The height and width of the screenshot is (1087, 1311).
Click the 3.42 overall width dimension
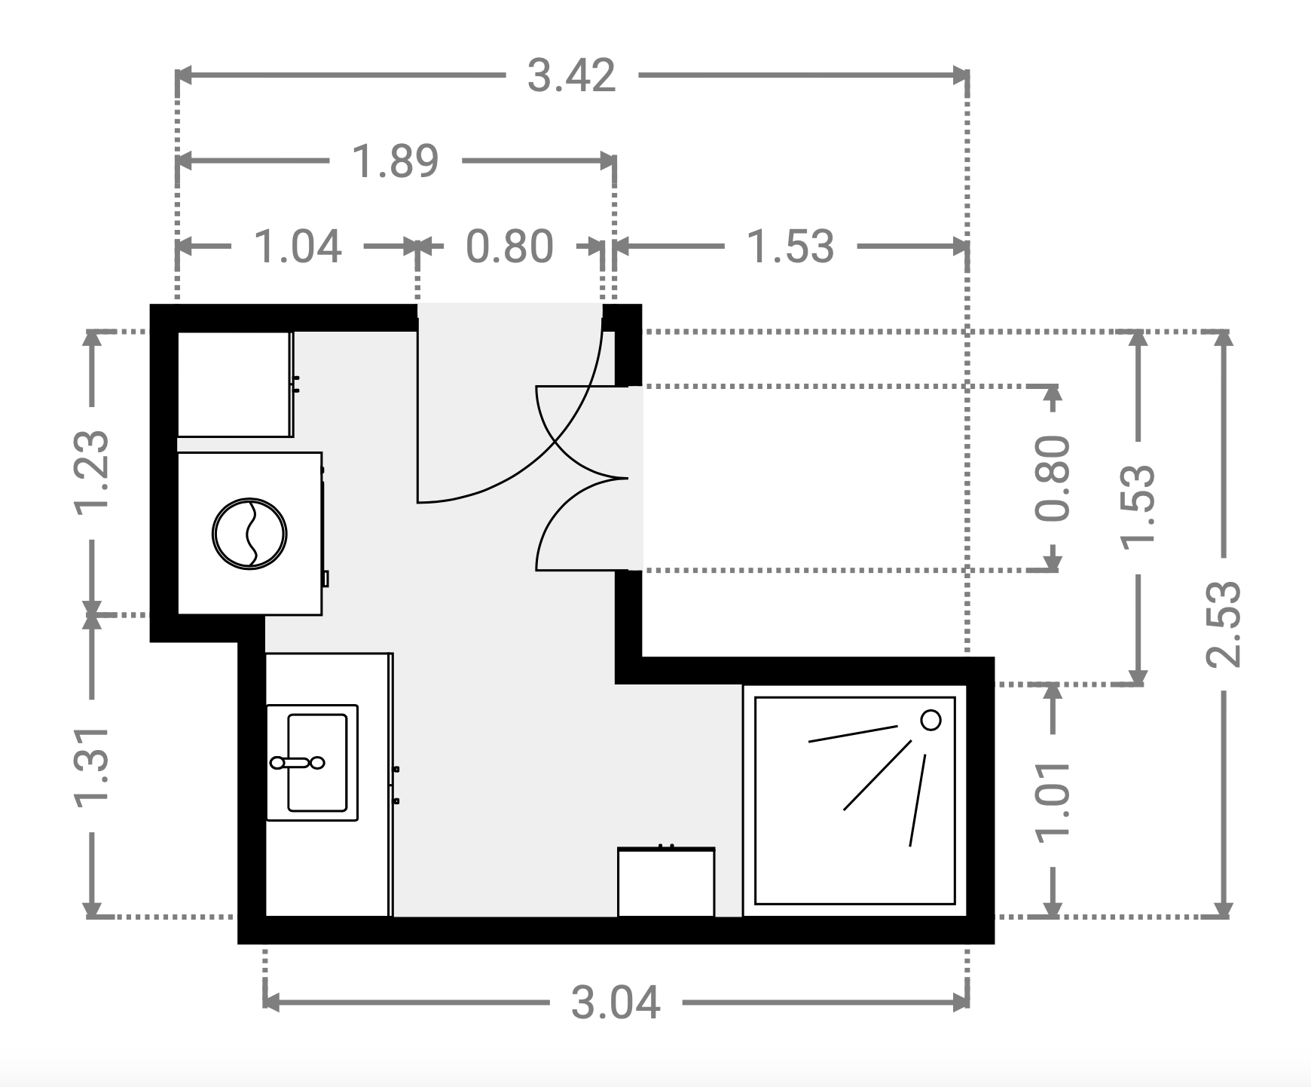click(571, 76)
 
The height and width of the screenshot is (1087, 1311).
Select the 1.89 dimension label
click(396, 161)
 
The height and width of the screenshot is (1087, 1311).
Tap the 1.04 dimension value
click(298, 246)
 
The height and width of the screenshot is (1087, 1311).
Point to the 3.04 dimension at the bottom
click(616, 1003)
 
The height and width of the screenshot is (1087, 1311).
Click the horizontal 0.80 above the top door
click(510, 246)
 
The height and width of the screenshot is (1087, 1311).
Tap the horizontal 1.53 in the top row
click(790, 246)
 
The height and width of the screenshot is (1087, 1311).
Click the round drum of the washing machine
click(249, 533)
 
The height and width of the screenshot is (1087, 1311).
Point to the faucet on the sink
click(297, 763)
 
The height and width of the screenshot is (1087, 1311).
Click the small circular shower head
click(931, 720)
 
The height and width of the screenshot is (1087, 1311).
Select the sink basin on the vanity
click(312, 762)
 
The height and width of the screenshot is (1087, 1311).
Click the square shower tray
click(855, 800)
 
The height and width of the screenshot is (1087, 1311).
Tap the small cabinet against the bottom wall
click(666, 882)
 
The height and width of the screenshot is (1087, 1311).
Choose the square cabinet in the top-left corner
click(235, 384)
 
